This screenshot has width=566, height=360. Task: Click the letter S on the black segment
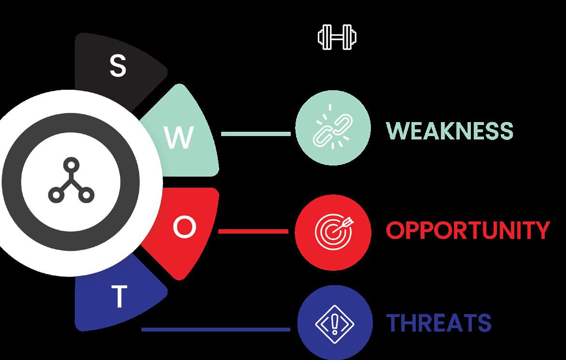[117, 66]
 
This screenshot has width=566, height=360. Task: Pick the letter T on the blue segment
[119, 298]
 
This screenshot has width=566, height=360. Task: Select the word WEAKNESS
[449, 131]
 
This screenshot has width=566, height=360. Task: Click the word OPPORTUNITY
[467, 231]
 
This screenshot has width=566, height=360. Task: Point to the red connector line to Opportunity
[253, 231]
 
